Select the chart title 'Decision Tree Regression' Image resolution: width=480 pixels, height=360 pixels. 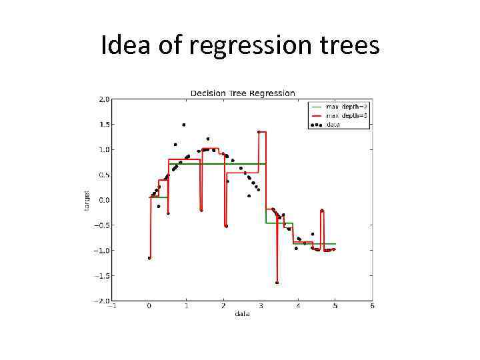point(243,93)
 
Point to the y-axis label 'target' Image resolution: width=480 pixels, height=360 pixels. point(87,200)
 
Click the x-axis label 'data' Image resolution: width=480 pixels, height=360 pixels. point(242,314)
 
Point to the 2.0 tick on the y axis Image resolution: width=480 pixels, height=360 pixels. point(104,99)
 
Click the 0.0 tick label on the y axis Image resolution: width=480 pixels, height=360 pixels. point(104,200)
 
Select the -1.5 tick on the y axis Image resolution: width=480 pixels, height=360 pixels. point(103,275)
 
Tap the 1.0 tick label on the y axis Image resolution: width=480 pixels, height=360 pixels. point(104,150)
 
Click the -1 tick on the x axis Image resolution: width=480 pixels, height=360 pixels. point(112,307)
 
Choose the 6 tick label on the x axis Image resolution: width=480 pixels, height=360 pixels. point(373,307)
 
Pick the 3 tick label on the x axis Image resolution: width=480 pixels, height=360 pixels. point(261,307)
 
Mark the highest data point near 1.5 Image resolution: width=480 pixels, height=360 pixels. point(183,125)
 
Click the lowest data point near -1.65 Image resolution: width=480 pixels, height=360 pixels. point(277,283)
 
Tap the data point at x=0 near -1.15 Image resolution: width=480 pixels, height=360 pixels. point(149,257)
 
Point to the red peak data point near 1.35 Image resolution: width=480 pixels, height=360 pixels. point(259,132)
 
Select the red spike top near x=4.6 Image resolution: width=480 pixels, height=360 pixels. point(321,211)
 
